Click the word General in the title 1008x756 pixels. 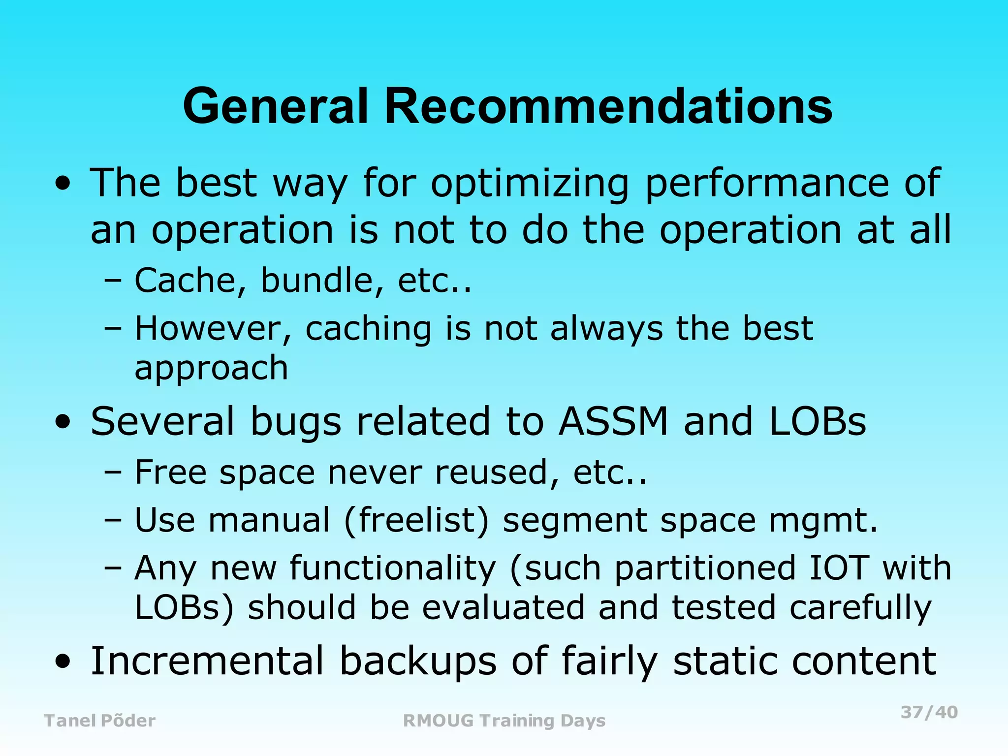[276, 106]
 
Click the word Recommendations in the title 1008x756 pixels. [608, 106]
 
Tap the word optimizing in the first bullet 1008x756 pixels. [530, 183]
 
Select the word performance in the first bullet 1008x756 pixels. [766, 183]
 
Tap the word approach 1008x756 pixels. [211, 368]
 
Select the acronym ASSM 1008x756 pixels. [613, 421]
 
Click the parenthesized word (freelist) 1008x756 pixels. [416, 521]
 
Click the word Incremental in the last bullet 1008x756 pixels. [207, 661]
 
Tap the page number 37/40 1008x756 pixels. [929, 712]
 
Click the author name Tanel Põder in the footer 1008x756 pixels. [99, 721]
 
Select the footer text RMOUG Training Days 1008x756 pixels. [504, 721]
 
